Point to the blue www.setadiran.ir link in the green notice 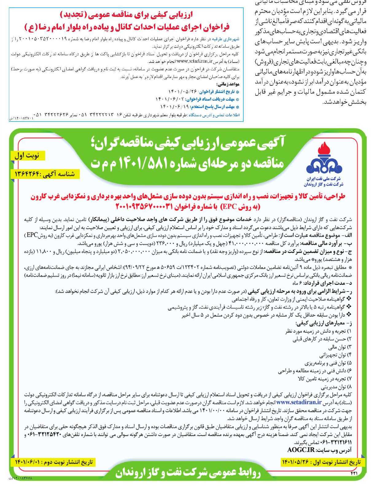(299, 402)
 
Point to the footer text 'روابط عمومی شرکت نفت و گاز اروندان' (188, 473)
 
